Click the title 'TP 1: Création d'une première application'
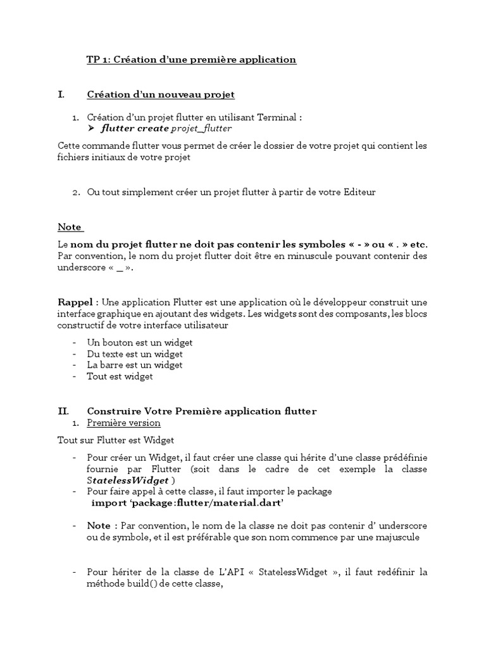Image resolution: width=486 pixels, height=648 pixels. (191, 59)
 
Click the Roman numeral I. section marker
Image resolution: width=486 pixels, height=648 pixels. (61, 94)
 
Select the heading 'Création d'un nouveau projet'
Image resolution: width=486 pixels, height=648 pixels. (161, 94)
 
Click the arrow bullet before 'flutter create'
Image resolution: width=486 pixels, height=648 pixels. (91, 128)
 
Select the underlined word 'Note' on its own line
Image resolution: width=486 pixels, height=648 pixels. (70, 227)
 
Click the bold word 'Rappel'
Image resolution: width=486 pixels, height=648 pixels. (75, 302)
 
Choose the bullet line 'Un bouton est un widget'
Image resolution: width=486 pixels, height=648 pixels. (140, 342)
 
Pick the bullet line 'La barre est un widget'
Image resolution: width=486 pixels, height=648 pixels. (135, 365)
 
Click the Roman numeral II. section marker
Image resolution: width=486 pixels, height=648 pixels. (63, 411)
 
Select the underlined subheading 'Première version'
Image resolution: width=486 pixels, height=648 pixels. (123, 423)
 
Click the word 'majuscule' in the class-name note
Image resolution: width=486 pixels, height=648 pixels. (396, 538)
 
